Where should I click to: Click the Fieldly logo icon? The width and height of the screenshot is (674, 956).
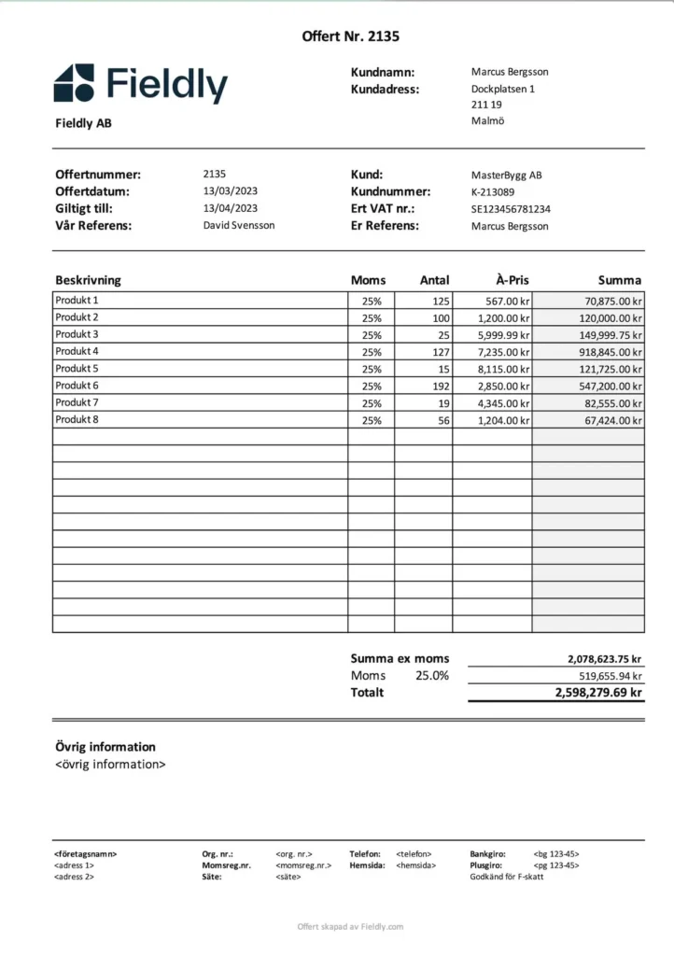click(74, 82)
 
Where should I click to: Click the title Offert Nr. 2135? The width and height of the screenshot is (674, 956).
click(351, 36)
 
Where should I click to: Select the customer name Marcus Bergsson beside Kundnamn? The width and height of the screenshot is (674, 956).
click(510, 72)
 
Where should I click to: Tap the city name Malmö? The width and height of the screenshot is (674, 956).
click(487, 121)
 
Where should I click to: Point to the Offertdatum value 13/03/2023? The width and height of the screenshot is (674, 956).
click(230, 191)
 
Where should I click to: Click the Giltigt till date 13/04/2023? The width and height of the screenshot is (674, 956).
click(230, 208)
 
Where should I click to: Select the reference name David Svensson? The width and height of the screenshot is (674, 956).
click(239, 225)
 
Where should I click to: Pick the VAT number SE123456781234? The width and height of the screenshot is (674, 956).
click(511, 209)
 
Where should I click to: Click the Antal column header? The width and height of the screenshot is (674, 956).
click(434, 280)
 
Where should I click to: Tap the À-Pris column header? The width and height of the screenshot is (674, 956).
click(513, 280)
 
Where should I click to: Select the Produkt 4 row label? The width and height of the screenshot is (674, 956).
click(77, 351)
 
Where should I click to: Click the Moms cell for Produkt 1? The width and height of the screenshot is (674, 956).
click(372, 301)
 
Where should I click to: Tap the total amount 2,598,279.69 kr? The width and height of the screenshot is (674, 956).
click(597, 693)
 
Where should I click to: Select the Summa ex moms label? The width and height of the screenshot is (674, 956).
click(400, 658)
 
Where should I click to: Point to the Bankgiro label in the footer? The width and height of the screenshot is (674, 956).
click(487, 853)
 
